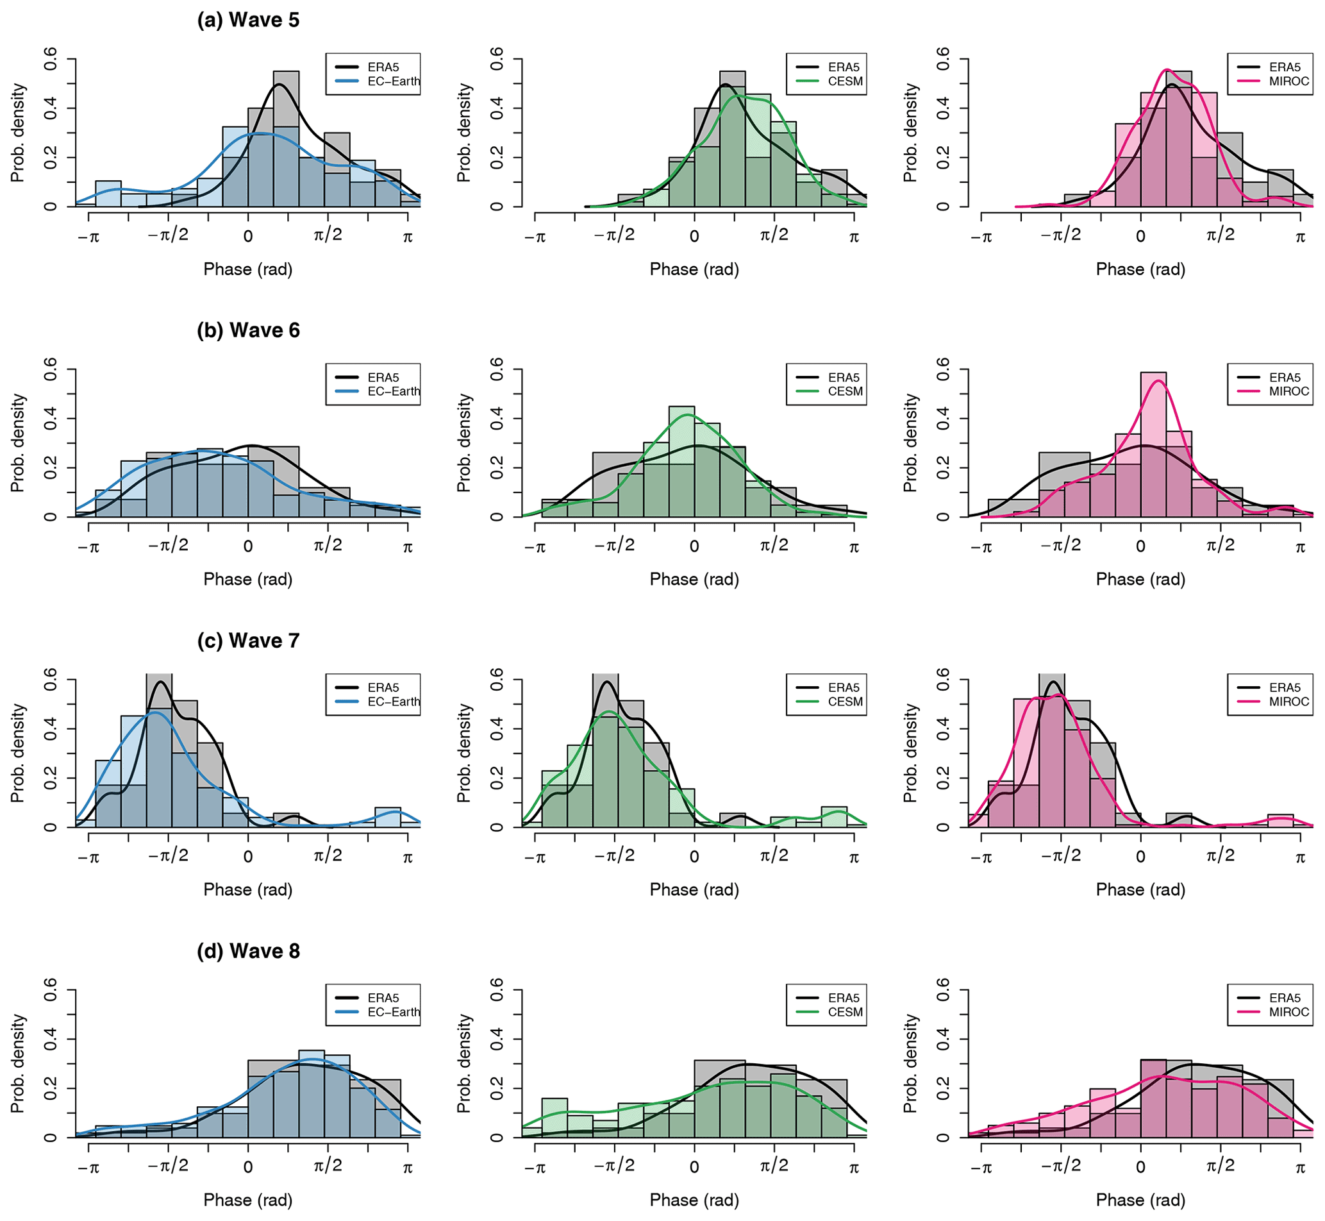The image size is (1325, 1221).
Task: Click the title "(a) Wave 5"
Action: coord(247,20)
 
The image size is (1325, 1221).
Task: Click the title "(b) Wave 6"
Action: coord(247,330)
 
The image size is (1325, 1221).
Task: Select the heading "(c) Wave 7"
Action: coord(247,640)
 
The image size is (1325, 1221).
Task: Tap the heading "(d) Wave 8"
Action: coord(247,951)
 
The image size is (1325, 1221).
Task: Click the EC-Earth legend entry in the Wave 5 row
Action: coord(393,81)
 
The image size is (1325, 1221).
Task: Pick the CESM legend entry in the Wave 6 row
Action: coord(845,391)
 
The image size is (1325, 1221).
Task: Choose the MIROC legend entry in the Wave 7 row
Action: coord(1288,702)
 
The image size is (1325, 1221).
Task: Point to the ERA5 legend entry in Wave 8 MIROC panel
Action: coord(1284,998)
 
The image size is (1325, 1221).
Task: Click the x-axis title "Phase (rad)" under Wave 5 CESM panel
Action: coord(694,269)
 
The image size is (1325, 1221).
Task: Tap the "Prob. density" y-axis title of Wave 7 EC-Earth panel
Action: coord(18,754)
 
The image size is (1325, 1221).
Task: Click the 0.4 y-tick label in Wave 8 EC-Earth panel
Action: coord(50,1040)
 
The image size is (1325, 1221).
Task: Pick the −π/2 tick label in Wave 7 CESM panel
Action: coord(614,857)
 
